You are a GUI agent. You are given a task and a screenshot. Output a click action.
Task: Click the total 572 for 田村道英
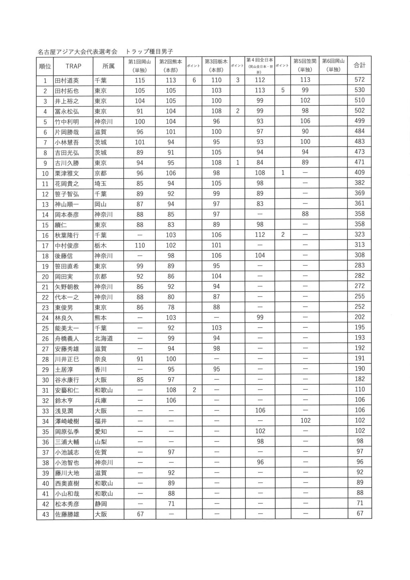click(x=360, y=80)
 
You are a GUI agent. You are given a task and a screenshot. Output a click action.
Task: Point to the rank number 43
click(x=45, y=514)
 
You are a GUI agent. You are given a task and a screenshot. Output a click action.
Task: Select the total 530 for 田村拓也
click(x=360, y=90)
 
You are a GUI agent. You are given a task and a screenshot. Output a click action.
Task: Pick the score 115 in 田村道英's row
click(x=140, y=80)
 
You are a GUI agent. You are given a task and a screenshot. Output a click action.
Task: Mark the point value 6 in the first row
click(x=194, y=80)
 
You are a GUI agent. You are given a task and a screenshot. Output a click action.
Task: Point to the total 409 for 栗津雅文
click(x=360, y=173)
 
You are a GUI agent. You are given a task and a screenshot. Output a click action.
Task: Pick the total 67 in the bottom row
click(x=360, y=514)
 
